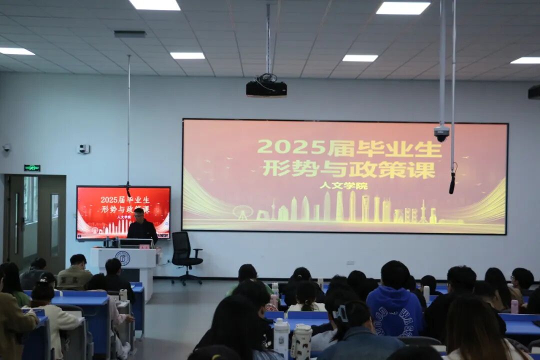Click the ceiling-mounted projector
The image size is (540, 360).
(x=266, y=88)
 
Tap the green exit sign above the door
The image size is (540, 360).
(x=32, y=168)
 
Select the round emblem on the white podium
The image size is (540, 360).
(x=122, y=258)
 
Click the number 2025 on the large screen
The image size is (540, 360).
(x=291, y=147)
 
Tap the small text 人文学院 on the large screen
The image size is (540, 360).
(x=343, y=185)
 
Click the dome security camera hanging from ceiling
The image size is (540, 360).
(x=441, y=133)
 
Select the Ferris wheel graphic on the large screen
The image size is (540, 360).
(x=242, y=212)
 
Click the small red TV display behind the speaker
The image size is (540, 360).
(x=123, y=212)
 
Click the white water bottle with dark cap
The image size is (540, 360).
(x=281, y=337)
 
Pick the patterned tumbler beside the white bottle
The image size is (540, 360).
(x=301, y=341)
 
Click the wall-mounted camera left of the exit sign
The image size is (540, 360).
(x=6, y=148)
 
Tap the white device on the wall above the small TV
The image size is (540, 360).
(x=83, y=149)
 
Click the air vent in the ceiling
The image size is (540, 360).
(x=129, y=34)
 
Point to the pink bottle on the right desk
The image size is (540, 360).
(x=514, y=306)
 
